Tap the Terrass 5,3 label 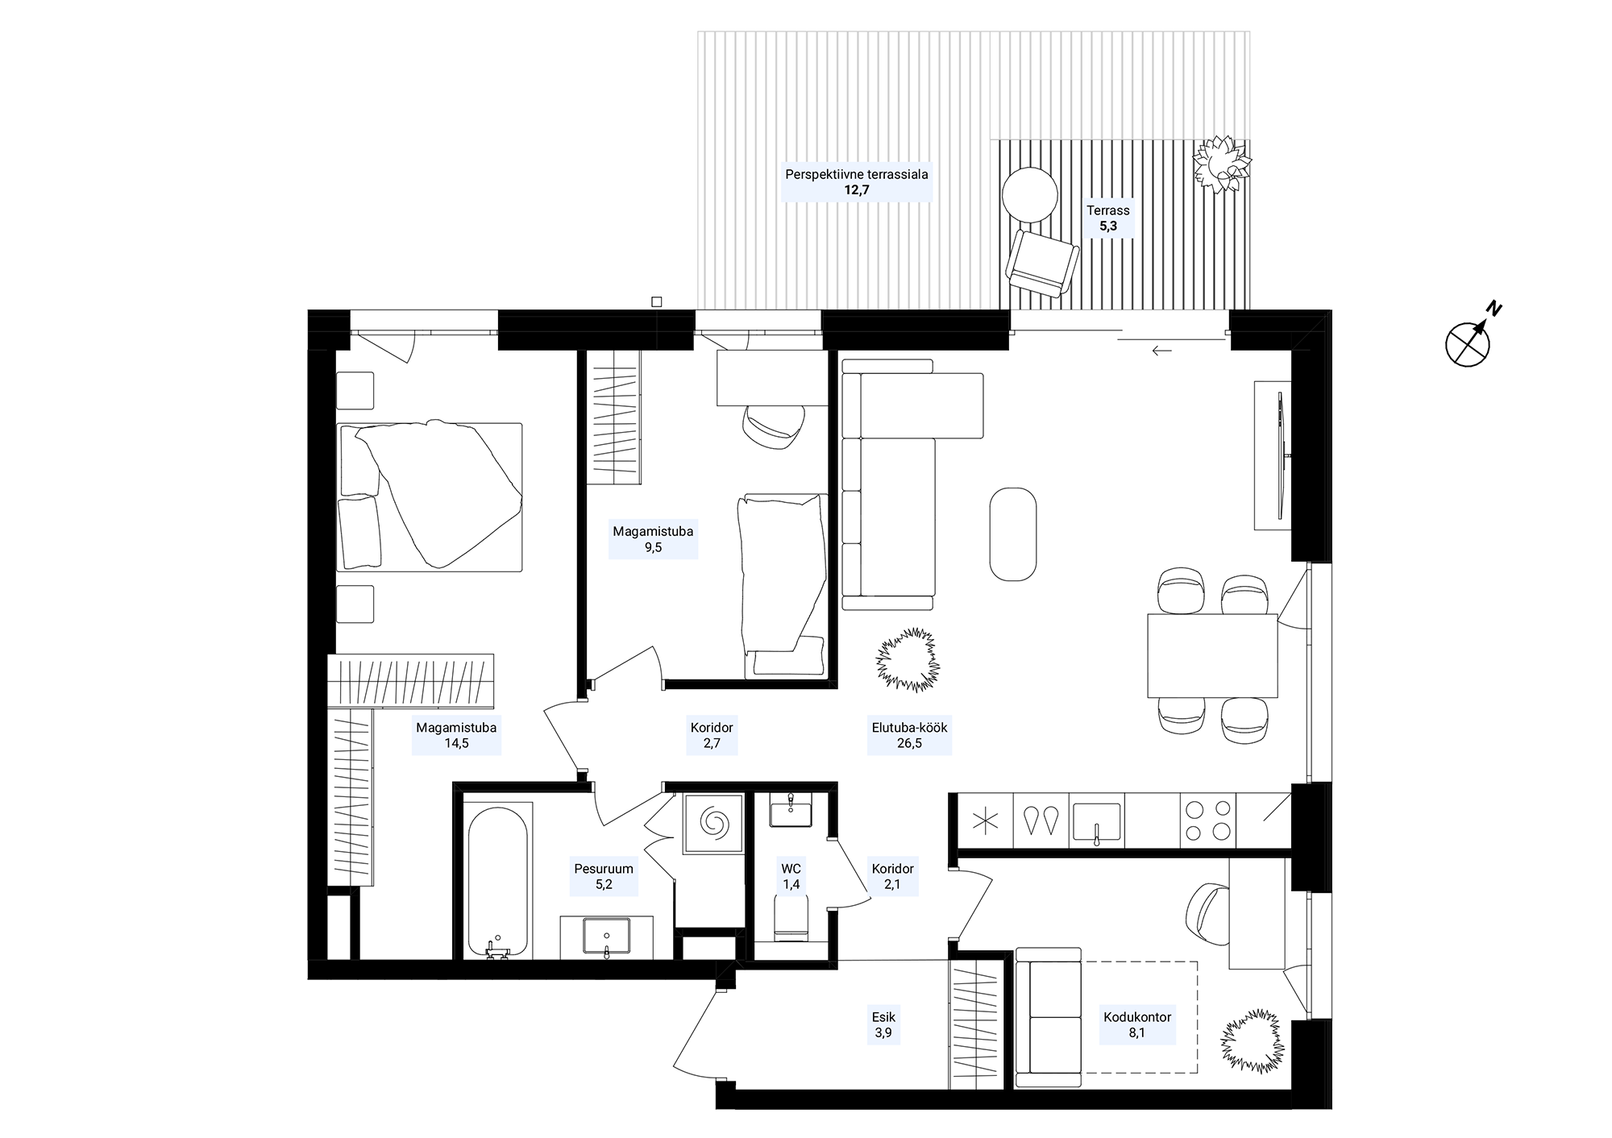[x=1108, y=218]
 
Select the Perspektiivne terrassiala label [x=857, y=173]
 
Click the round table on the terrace [x=1029, y=194]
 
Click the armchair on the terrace [x=1042, y=264]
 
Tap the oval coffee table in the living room [x=1013, y=534]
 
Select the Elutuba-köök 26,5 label [x=909, y=735]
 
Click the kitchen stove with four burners [x=1207, y=820]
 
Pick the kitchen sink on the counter [x=1096, y=822]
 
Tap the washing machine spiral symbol [x=713, y=823]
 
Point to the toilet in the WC [x=791, y=919]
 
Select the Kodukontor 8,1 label [x=1137, y=1024]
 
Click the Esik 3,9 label [x=883, y=1024]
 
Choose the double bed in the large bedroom [x=430, y=496]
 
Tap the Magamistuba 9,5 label [x=653, y=539]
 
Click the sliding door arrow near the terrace [x=1161, y=351]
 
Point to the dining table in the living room [x=1212, y=656]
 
